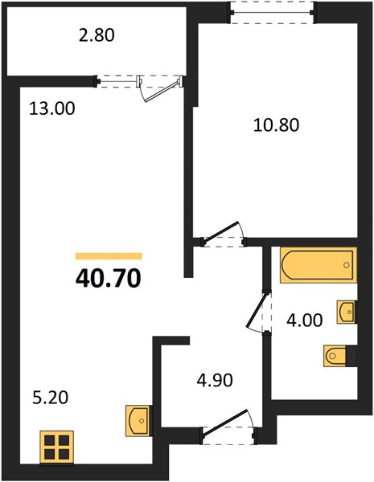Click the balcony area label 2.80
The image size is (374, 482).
click(97, 35)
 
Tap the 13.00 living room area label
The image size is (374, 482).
click(52, 108)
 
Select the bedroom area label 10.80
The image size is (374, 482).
click(276, 125)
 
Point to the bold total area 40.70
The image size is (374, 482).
click(109, 279)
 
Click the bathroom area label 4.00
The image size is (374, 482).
click(305, 320)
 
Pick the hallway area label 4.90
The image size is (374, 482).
click(215, 380)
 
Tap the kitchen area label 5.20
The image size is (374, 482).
click(50, 398)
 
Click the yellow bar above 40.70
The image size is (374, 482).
click(109, 256)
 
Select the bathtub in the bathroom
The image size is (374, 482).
click(319, 264)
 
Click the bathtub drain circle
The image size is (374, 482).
click(347, 264)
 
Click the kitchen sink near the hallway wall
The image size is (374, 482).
click(139, 420)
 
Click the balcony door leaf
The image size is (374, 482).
click(162, 91)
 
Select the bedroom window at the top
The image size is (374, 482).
click(272, 12)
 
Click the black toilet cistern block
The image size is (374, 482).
click(351, 356)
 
